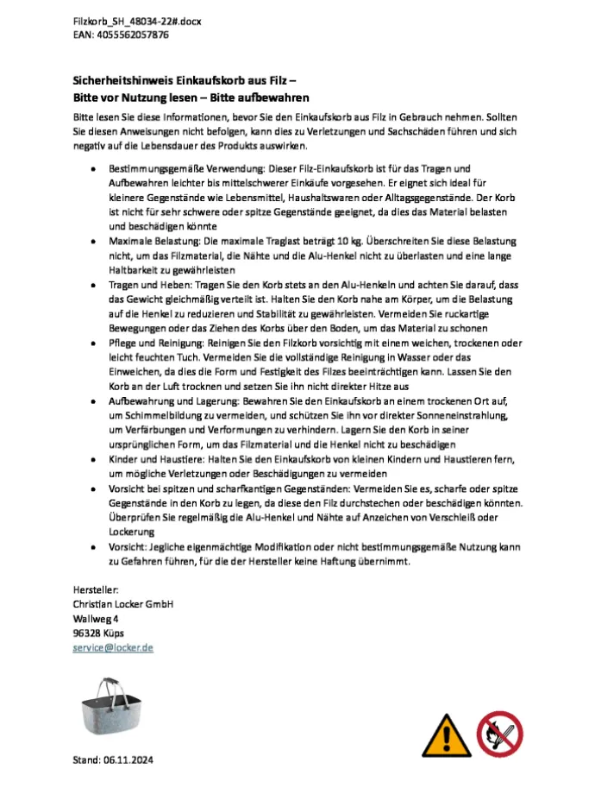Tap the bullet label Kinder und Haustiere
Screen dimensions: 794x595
click(x=152, y=460)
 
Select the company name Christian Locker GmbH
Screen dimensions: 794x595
click(x=122, y=604)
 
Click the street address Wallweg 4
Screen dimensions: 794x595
click(x=96, y=619)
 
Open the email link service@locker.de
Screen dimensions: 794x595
click(x=113, y=647)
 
